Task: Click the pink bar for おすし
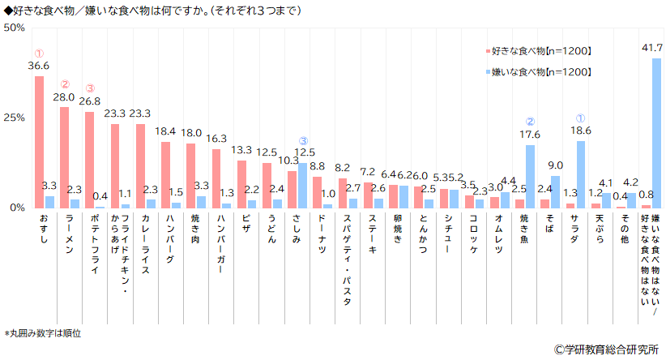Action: tap(39, 143)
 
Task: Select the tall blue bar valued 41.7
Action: tap(656, 133)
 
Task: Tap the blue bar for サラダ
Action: tap(580, 174)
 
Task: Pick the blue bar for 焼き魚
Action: tap(530, 176)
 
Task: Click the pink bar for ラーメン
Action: tap(64, 157)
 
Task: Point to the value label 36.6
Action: tap(39, 66)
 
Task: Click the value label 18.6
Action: tap(580, 130)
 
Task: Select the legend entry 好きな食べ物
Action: tap(540, 51)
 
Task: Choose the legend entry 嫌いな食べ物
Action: tap(540, 72)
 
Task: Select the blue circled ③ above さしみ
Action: tap(302, 140)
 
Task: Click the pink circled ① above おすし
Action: tap(39, 54)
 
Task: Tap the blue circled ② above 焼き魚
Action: tap(530, 122)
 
